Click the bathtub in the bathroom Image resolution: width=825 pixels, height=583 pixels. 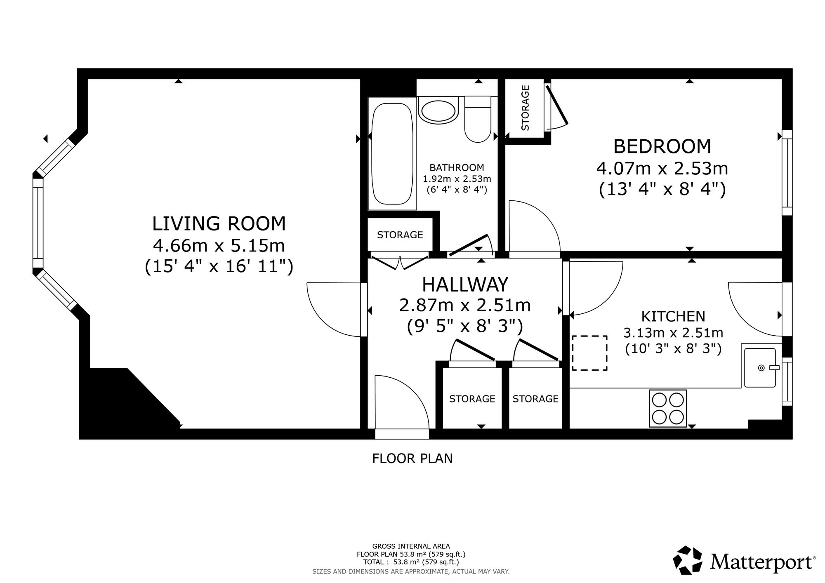click(392, 153)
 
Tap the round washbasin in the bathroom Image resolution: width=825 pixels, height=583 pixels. click(438, 109)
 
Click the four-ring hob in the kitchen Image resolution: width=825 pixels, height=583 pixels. click(668, 408)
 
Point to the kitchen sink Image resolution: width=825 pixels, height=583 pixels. click(760, 367)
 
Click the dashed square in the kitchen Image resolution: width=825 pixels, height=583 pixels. click(589, 353)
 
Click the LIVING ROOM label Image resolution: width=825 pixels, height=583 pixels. click(219, 224)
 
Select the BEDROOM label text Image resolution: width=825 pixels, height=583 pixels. click(662, 146)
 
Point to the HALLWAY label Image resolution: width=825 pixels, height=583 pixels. click(465, 284)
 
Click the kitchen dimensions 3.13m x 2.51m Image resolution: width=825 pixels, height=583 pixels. click(673, 333)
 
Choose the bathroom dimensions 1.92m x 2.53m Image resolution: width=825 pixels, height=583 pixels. click(457, 179)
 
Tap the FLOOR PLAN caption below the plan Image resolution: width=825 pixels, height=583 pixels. click(412, 458)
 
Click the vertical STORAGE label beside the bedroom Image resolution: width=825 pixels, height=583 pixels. click(525, 108)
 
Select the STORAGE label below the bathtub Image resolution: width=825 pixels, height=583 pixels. click(400, 235)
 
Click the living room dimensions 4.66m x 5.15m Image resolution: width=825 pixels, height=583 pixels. click(219, 246)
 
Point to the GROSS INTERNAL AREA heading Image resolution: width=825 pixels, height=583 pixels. click(411, 546)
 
